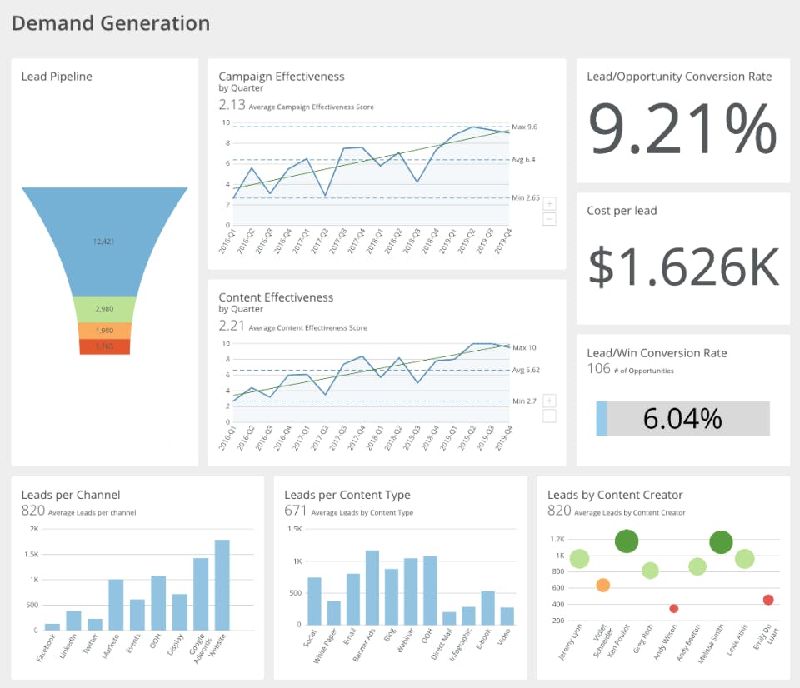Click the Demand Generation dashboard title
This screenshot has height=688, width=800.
[x=111, y=23]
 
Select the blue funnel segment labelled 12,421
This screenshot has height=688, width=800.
[x=103, y=242]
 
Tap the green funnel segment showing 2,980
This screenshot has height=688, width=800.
[x=104, y=309]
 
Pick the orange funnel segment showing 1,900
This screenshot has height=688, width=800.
[x=104, y=331]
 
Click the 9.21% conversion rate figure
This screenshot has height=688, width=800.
[x=682, y=130]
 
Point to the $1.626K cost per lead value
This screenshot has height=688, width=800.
[x=683, y=265]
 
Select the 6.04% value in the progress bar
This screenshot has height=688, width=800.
[x=682, y=418]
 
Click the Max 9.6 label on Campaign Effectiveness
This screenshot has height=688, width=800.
[x=524, y=126]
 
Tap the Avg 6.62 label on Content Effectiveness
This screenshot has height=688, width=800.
[x=526, y=370]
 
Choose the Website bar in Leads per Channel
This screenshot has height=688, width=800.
[x=222, y=585]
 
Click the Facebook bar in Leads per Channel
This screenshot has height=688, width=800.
[x=52, y=626]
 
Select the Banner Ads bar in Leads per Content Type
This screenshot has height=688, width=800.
[x=372, y=587]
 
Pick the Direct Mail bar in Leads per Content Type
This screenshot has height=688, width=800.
[x=449, y=618]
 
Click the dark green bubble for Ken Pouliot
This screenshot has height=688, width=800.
[x=627, y=541]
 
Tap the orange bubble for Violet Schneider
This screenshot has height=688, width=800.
[x=603, y=586]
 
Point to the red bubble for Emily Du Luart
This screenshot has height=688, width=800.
[x=768, y=600]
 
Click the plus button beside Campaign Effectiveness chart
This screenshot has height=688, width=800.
[x=549, y=204]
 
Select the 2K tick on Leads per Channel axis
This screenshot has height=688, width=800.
[x=34, y=529]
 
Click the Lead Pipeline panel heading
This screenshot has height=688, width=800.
[x=57, y=77]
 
